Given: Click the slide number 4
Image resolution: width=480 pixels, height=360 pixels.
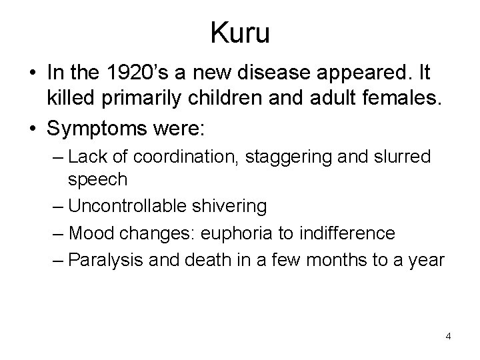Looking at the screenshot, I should coord(448,336).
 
